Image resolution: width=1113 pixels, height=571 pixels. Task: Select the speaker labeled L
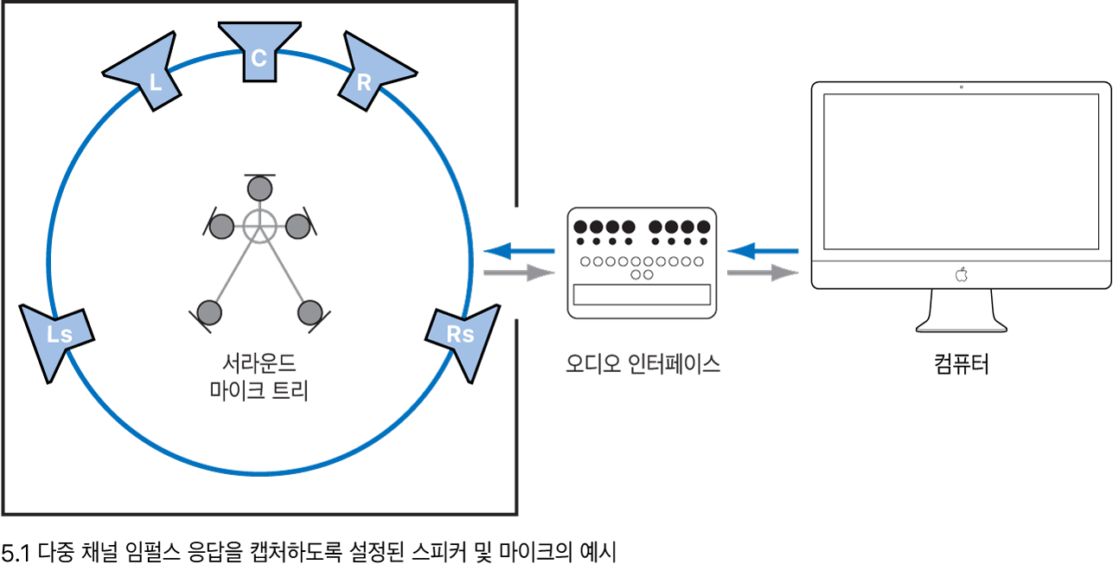tap(148, 75)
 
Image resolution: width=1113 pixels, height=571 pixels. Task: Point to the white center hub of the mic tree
tap(258, 226)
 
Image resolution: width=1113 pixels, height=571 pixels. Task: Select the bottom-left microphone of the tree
tap(209, 311)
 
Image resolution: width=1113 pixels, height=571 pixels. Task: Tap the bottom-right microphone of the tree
tap(309, 311)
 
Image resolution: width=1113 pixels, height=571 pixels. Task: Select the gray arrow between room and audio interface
tap(519, 273)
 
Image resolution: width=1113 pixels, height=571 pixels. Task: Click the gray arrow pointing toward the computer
tap(762, 273)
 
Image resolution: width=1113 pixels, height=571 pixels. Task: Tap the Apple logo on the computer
tap(961, 275)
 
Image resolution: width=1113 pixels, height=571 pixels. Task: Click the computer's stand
tap(961, 311)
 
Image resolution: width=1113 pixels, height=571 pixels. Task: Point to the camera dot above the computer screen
tap(961, 87)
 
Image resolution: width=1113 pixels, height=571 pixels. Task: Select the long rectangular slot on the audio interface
tap(642, 294)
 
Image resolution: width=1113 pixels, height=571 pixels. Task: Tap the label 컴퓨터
tap(961, 363)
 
